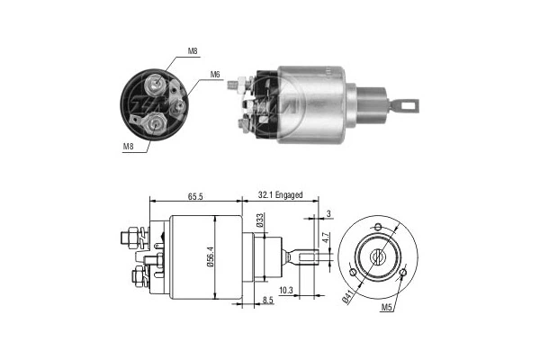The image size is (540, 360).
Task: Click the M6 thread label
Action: (x=215, y=75)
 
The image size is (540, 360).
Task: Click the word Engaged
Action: (x=288, y=193)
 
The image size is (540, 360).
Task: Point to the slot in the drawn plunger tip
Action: (x=311, y=257)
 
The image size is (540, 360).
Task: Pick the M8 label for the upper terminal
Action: (x=192, y=52)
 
